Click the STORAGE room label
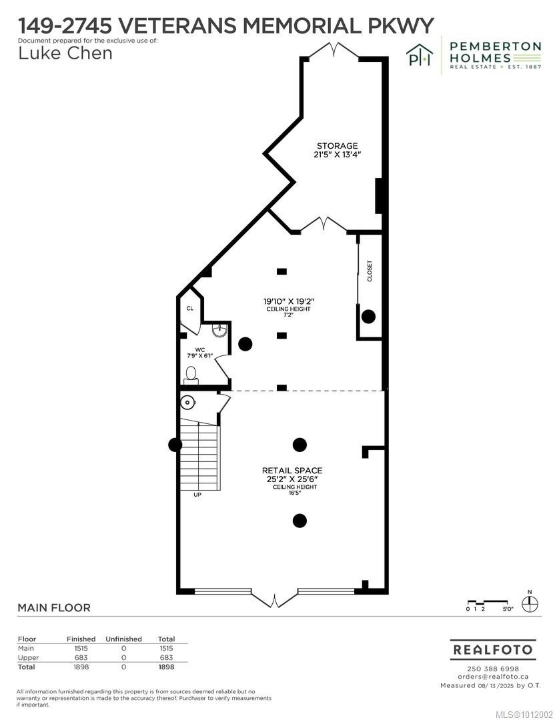click(x=337, y=146)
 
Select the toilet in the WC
click(x=191, y=375)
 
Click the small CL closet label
click(x=190, y=309)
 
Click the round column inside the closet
click(x=368, y=316)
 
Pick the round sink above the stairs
click(x=188, y=402)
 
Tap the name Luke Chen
click(x=65, y=53)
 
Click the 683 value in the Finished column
click(x=81, y=657)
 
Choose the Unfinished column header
click(x=123, y=639)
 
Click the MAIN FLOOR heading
click(x=54, y=608)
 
